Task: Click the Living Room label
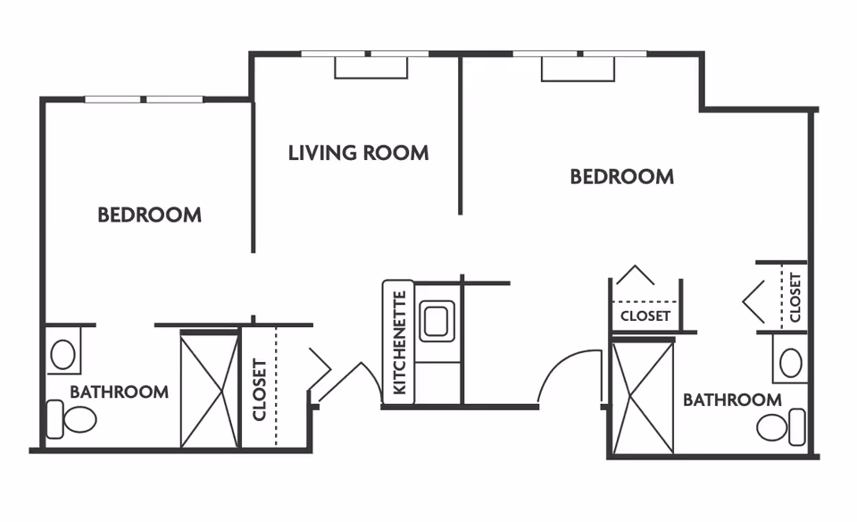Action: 358,153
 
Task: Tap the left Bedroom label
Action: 149,215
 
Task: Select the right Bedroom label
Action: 621,176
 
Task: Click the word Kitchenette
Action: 399,342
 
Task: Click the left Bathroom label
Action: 119,391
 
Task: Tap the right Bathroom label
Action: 732,400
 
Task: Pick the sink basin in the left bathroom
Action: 62,354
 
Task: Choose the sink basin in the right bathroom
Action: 790,363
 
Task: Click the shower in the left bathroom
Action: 210,388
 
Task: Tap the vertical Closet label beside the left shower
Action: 260,389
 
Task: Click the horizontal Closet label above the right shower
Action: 645,316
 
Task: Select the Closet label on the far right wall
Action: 795,297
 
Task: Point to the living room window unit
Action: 370,67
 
